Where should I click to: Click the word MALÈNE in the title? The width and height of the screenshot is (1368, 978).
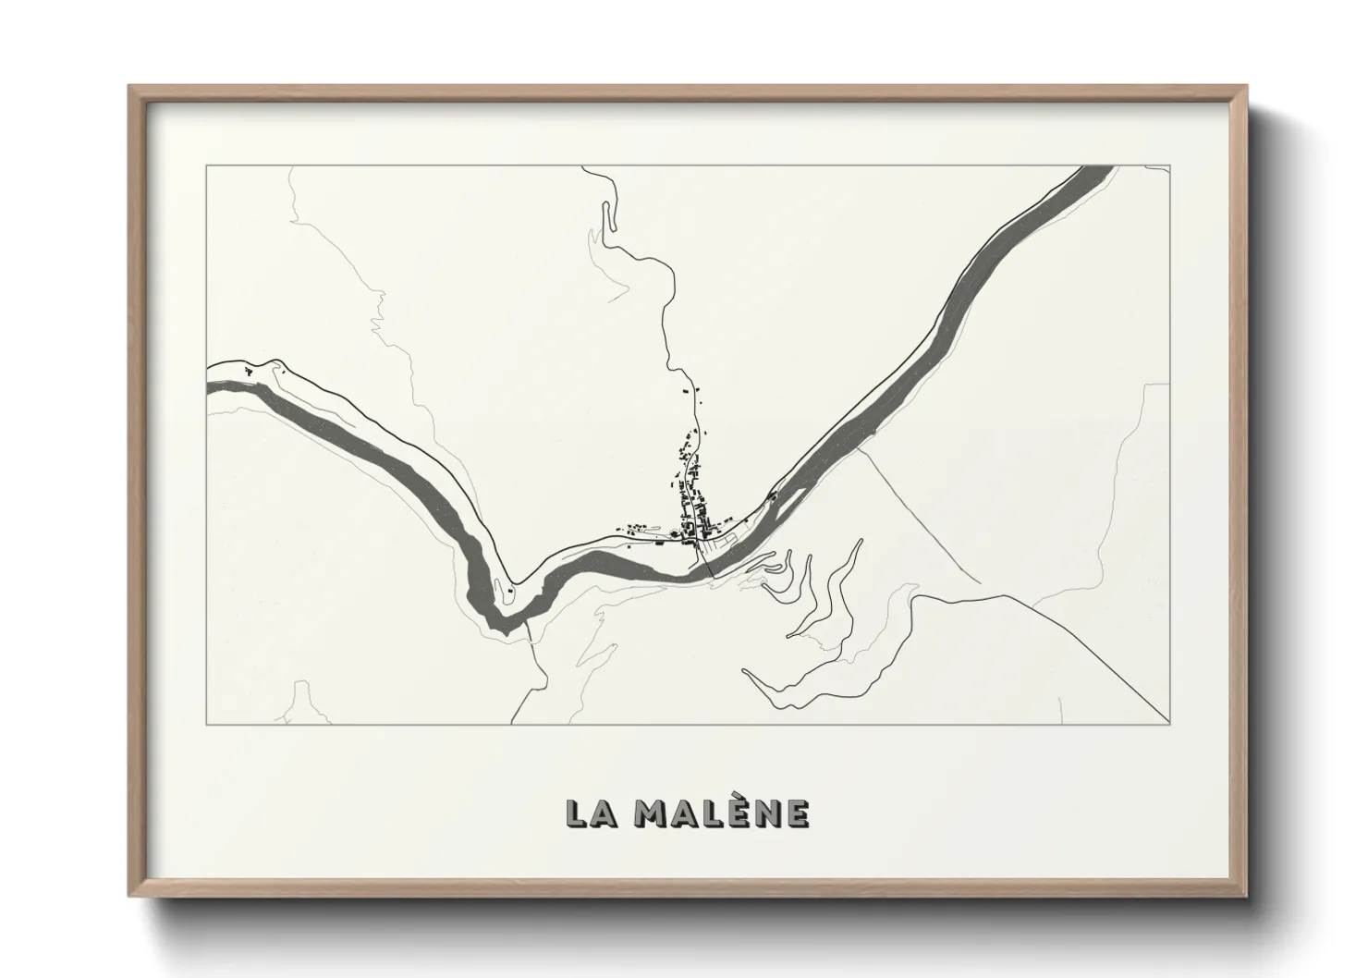point(722,813)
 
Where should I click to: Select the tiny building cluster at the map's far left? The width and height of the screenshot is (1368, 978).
point(249,371)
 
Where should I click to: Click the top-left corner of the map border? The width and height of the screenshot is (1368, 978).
point(206,166)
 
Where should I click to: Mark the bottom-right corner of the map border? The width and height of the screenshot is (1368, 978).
point(1169,725)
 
